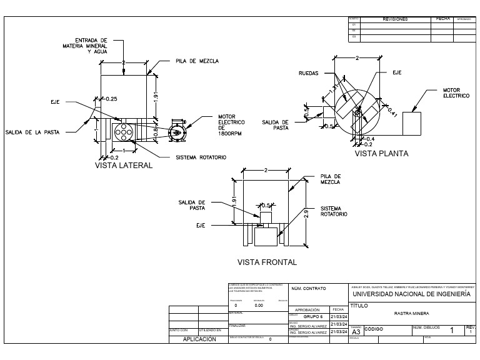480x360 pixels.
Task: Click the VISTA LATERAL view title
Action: pyautogui.click(x=123, y=166)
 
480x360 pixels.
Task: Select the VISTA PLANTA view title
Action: pyautogui.click(x=381, y=153)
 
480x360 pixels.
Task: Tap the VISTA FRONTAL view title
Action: pyautogui.click(x=267, y=262)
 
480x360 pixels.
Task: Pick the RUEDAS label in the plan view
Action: pyautogui.click(x=308, y=73)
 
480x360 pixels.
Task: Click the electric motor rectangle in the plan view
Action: pyautogui.click(x=414, y=124)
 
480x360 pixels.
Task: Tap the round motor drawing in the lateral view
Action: pyautogui.click(x=177, y=132)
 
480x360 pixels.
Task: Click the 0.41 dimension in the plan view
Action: pyautogui.click(x=392, y=112)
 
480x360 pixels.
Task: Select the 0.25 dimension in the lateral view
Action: pyautogui.click(x=111, y=99)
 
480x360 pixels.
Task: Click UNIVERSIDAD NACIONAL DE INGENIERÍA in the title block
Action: pyautogui.click(x=411, y=294)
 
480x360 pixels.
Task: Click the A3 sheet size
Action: pyautogui.click(x=356, y=332)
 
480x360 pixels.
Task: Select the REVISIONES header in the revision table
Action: pyautogui.click(x=394, y=19)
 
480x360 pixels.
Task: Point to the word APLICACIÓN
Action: pyautogui.click(x=199, y=339)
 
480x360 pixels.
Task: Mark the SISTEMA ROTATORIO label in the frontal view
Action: pyautogui.click(x=334, y=211)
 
